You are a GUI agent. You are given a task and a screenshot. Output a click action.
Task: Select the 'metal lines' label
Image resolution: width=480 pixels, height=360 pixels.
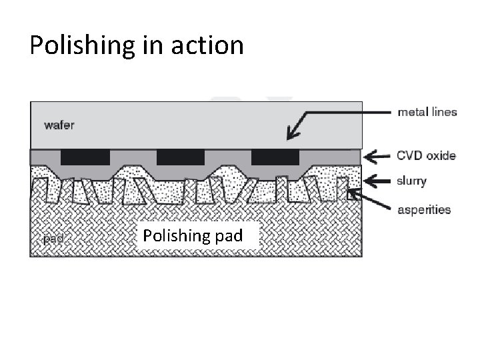coord(427,112)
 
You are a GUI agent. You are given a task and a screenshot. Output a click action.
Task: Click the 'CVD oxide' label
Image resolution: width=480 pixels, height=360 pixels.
coord(427,156)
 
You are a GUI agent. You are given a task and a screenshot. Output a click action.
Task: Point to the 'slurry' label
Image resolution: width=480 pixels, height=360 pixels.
coord(411,181)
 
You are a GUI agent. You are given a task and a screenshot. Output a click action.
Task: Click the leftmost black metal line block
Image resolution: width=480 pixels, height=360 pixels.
coord(85,157)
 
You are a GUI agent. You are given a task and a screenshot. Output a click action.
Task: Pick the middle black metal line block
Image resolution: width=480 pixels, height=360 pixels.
coord(180,157)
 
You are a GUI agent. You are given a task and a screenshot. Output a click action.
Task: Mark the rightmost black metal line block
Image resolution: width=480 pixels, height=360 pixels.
coord(275,157)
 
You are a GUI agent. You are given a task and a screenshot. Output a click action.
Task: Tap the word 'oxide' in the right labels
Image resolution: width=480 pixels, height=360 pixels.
coord(440,156)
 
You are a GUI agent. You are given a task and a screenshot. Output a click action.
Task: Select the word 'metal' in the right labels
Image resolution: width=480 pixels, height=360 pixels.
coord(412,112)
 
